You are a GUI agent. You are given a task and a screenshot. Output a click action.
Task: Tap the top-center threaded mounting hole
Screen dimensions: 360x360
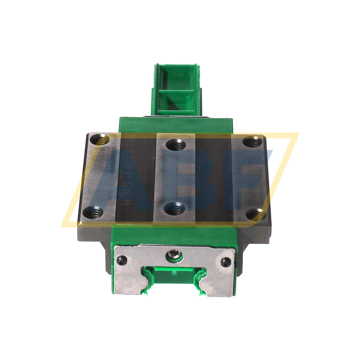point(176,145)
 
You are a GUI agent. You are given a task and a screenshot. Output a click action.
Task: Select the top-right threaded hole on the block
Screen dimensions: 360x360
point(252,142)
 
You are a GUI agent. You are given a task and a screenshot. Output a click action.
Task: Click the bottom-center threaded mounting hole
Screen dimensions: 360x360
point(174,208)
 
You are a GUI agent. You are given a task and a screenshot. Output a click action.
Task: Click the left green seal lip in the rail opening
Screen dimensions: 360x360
point(147,281)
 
